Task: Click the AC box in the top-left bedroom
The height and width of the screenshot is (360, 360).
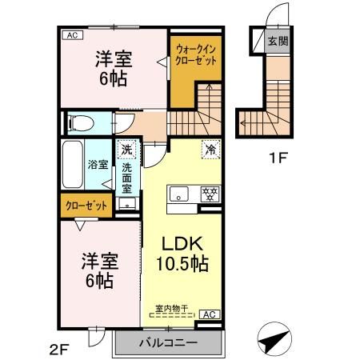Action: click(x=71, y=35)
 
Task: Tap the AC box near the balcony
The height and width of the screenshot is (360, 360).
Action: click(x=208, y=314)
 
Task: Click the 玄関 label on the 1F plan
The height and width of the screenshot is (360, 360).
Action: click(x=277, y=41)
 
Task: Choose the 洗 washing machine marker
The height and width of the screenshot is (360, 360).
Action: click(x=126, y=149)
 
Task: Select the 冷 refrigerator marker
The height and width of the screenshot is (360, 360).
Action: click(x=211, y=148)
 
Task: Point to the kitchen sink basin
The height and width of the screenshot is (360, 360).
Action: click(x=178, y=194)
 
